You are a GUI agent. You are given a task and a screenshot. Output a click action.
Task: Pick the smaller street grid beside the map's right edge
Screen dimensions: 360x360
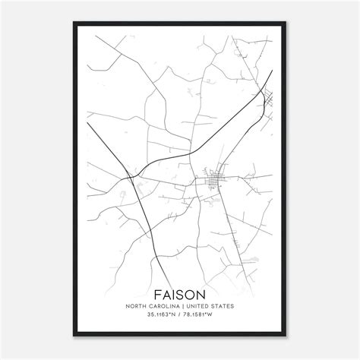pos(268,97)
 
